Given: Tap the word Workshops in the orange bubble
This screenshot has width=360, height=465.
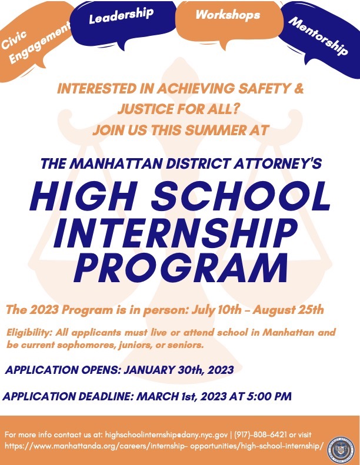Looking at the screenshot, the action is tap(228, 15).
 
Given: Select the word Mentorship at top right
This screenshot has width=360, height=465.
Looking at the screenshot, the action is tap(318, 36).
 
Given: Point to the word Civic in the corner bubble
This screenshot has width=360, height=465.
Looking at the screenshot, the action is tap(14, 40).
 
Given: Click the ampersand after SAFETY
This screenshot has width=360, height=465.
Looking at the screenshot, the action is tap(299, 88).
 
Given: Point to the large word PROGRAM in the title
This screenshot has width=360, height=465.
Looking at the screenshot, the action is tap(181, 268).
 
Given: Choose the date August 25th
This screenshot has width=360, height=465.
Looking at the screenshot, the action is tap(288, 310).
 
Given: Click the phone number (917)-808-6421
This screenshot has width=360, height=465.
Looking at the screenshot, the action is tap(261, 435).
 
